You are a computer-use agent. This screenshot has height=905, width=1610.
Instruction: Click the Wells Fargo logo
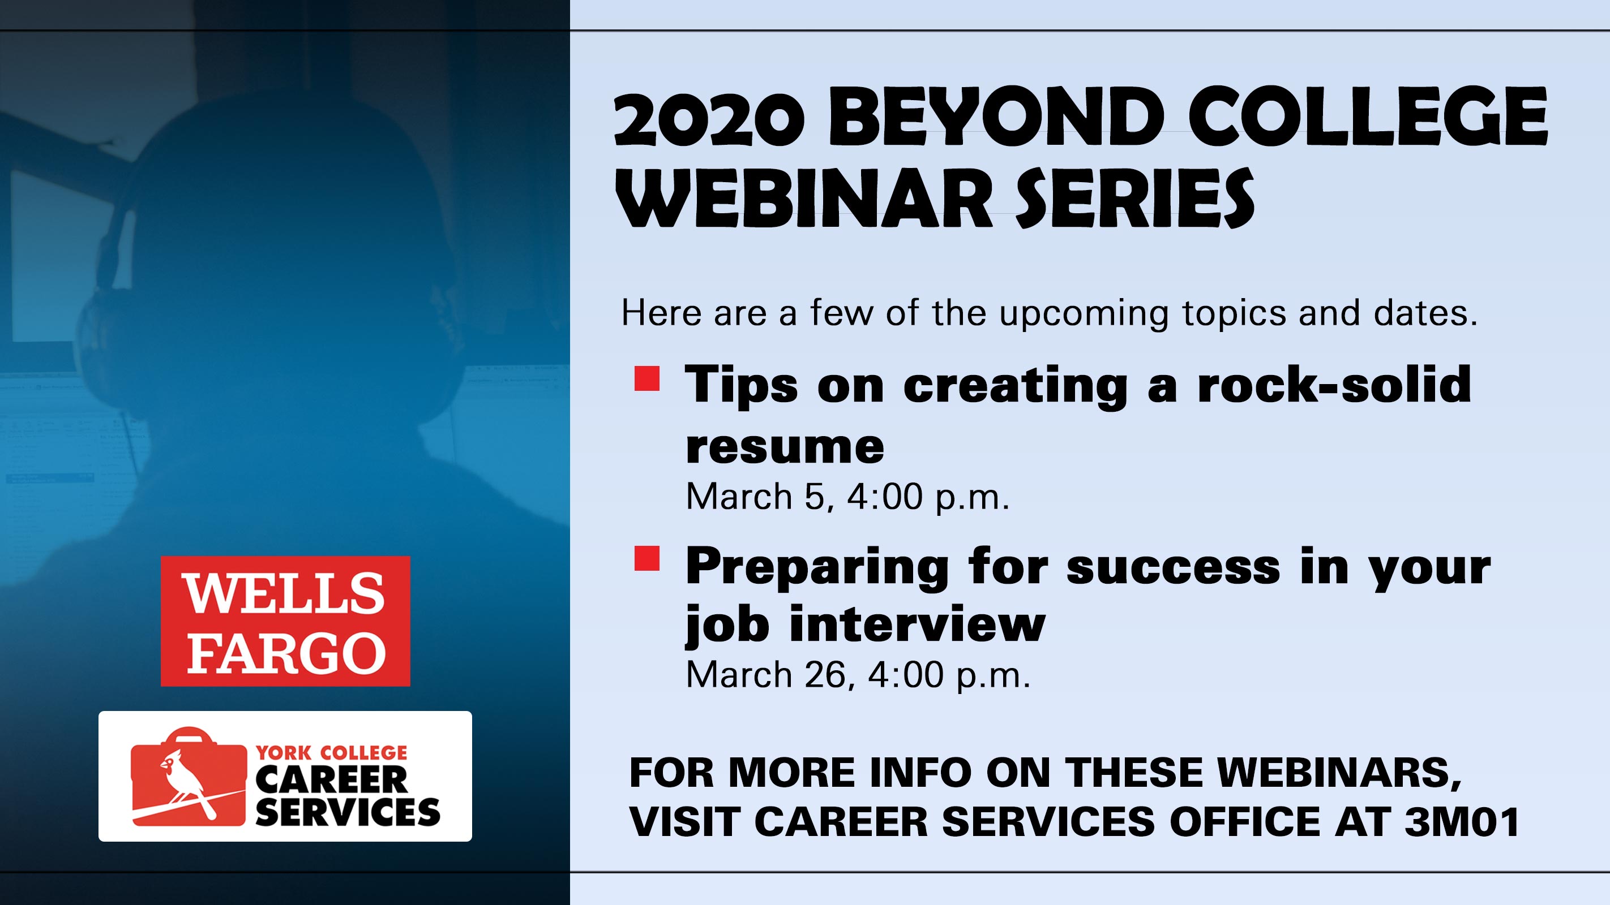coord(285,621)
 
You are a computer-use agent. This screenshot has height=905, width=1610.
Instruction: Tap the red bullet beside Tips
coord(647,378)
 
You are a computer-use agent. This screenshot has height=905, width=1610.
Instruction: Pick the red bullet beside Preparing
coord(647,558)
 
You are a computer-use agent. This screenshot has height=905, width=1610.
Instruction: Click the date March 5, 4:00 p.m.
coord(847,497)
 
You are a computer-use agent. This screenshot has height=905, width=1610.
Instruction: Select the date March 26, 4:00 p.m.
coord(858,675)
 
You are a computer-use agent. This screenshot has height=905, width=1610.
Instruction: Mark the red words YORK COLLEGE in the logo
coord(331,753)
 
